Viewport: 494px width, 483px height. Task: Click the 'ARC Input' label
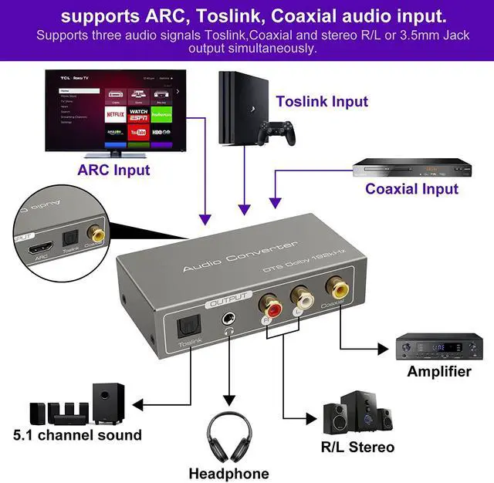[113, 170]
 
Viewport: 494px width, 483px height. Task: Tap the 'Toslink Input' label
[322, 101]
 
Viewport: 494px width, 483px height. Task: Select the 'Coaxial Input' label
[411, 188]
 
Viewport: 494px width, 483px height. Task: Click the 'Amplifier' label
[439, 371]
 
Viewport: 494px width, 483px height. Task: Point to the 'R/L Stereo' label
[357, 447]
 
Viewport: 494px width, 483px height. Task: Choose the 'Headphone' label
[228, 473]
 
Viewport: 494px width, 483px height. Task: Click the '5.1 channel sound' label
[77, 435]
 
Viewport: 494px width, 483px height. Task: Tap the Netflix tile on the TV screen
[116, 113]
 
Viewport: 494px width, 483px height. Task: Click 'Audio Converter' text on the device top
[239, 256]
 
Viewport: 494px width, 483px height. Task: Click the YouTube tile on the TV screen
[139, 133]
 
